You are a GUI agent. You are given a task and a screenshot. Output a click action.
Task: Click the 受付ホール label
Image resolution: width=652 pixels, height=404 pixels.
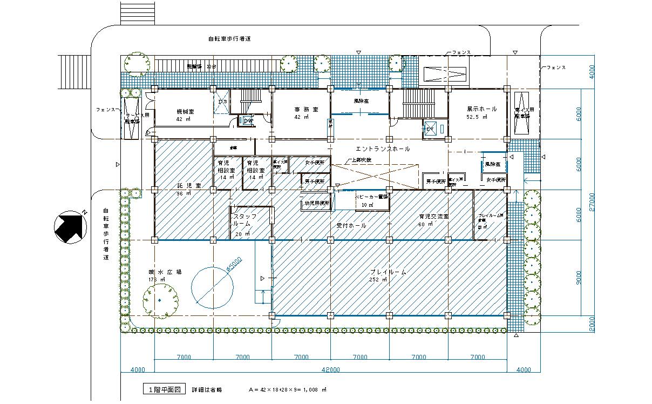tap(351, 226)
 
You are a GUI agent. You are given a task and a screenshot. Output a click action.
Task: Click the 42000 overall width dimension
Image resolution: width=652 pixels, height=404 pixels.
tap(330, 370)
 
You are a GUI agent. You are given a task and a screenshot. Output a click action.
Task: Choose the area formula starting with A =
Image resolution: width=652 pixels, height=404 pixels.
tap(288, 389)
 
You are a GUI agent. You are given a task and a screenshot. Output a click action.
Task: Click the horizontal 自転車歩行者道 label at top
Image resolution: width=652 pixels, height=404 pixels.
tap(229, 39)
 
